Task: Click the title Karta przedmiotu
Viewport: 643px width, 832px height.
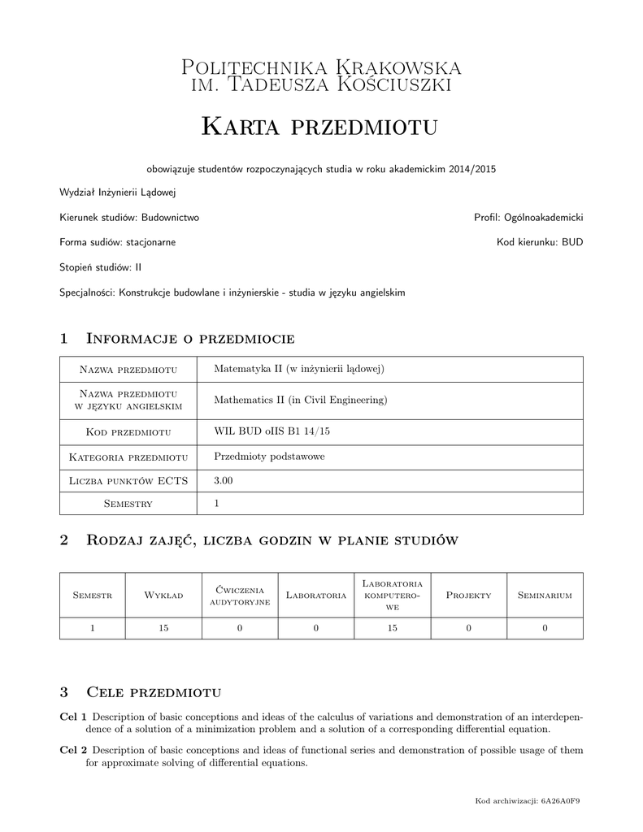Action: pos(319,127)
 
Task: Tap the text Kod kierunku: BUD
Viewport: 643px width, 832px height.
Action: pos(540,242)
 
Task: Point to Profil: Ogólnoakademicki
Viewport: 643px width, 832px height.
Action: pos(528,218)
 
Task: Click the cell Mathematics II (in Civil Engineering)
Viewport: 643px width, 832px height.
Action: pos(300,400)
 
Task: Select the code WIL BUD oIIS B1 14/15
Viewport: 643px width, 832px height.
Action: pos(272,431)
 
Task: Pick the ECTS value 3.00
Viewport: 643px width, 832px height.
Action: pos(223,481)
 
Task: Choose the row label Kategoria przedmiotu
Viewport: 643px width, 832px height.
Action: pos(128,457)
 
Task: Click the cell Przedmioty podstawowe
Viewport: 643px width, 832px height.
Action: pos(269,457)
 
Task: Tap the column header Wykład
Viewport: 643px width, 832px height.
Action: pos(163,596)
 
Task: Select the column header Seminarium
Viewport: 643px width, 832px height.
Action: pos(545,596)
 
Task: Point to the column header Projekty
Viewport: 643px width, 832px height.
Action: pos(469,596)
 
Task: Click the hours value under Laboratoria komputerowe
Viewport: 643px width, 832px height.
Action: pos(393,627)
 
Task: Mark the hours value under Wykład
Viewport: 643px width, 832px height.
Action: pos(163,627)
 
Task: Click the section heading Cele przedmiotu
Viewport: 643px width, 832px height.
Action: pos(154,692)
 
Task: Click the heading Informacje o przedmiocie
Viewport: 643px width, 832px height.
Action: pos(189,338)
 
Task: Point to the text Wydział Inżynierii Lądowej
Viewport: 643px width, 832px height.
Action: pos(118,193)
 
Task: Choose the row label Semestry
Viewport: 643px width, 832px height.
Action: pos(128,505)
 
